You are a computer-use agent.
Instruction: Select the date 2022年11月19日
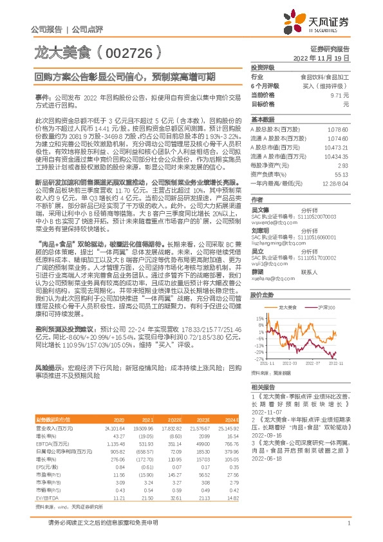(330, 57)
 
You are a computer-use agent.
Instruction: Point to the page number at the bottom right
(348, 523)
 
